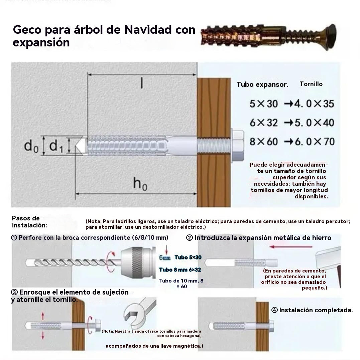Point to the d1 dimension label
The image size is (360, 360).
56,146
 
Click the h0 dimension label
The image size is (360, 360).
140,183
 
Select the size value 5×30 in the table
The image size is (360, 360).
264,104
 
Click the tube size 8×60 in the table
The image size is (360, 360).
264,142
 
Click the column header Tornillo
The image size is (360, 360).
311,84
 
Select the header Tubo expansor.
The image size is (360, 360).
262,84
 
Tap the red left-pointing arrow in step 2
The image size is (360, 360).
290,247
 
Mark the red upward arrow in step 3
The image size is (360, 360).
43,316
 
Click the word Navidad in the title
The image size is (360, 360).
148,30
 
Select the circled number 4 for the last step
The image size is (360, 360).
274,310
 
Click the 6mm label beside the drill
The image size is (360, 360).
164,258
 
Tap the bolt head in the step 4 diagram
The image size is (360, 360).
271,325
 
